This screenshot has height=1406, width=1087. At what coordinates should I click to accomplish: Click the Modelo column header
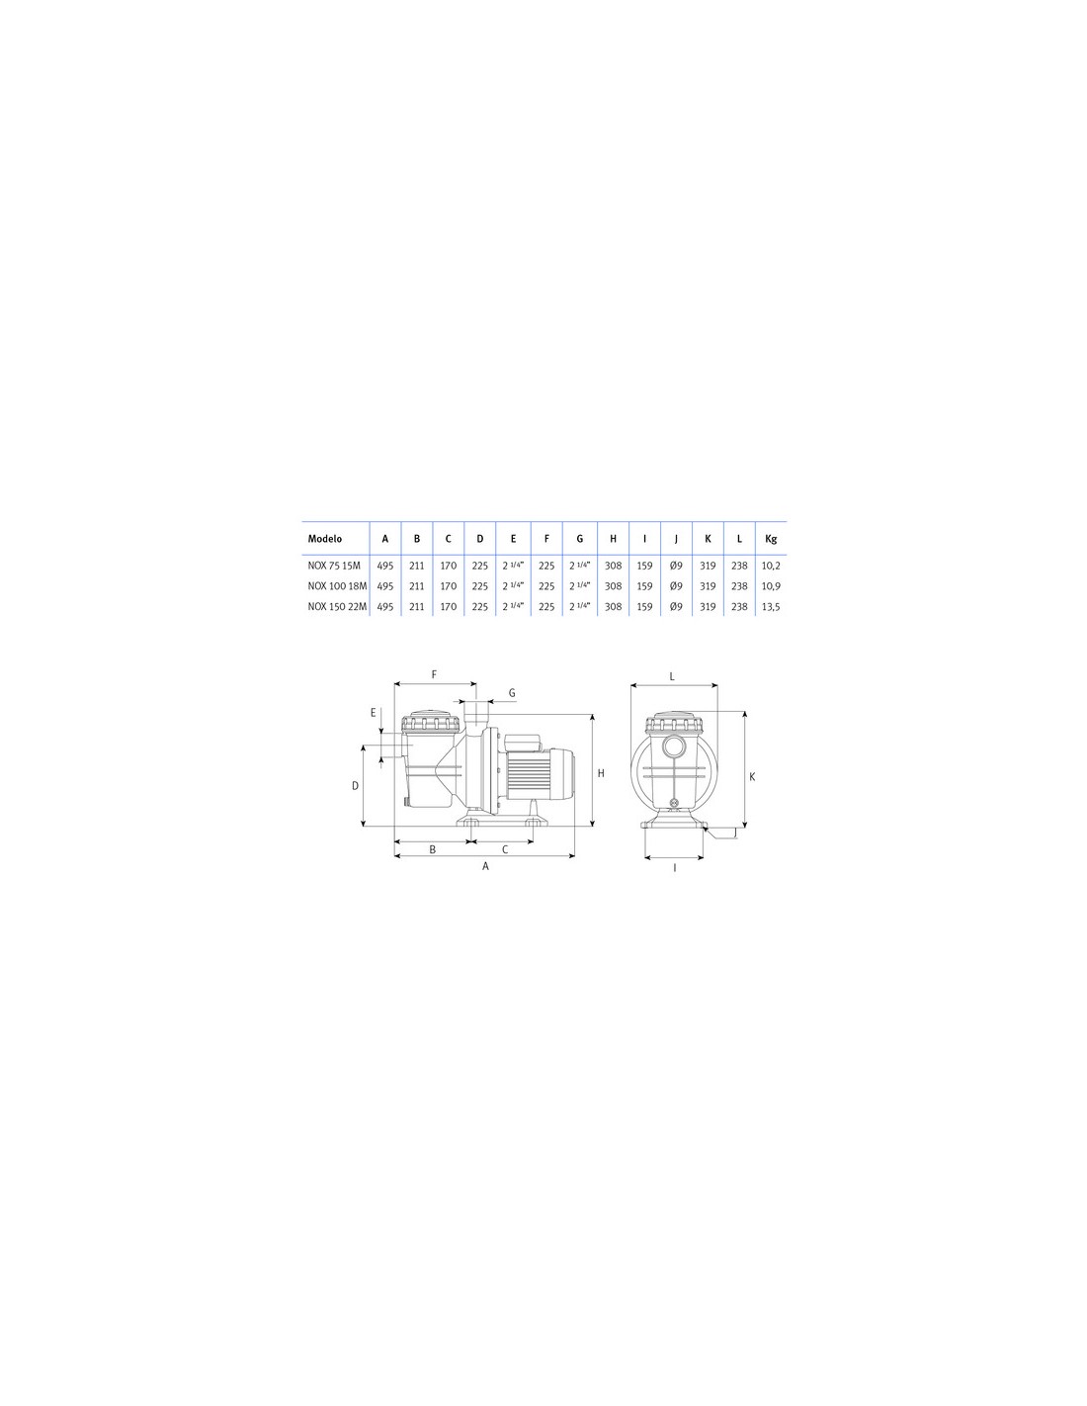(324, 538)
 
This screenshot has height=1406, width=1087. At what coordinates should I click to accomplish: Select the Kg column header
(770, 538)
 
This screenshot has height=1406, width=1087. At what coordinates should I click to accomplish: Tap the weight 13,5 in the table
(770, 606)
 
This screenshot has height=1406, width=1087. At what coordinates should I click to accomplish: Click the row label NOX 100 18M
(337, 585)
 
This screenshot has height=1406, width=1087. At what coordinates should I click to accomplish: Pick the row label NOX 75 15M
(334, 565)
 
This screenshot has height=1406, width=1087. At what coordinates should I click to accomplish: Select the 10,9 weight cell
(770, 585)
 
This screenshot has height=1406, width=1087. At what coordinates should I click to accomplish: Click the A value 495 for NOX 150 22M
(384, 606)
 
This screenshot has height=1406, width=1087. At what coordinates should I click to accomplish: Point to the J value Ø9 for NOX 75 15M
(676, 565)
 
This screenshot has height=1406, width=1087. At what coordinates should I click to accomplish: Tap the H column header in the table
(613, 538)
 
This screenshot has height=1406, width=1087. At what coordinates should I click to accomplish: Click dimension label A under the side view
(485, 866)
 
